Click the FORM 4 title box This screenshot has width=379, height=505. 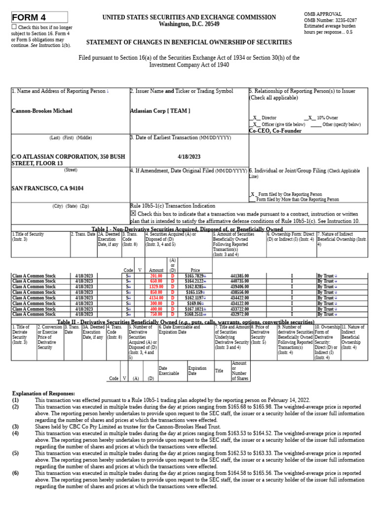pos(39,17)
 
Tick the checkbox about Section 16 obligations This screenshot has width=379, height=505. pos(14,27)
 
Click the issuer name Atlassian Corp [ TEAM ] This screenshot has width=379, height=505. pos(160,111)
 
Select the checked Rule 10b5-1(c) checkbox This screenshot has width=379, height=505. pos(133,213)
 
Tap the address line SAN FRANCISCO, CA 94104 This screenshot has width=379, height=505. pos(47,188)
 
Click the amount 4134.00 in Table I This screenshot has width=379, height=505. pos(156,298)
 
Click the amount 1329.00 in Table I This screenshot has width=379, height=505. pos(156,287)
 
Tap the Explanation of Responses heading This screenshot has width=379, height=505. pos(43,394)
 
